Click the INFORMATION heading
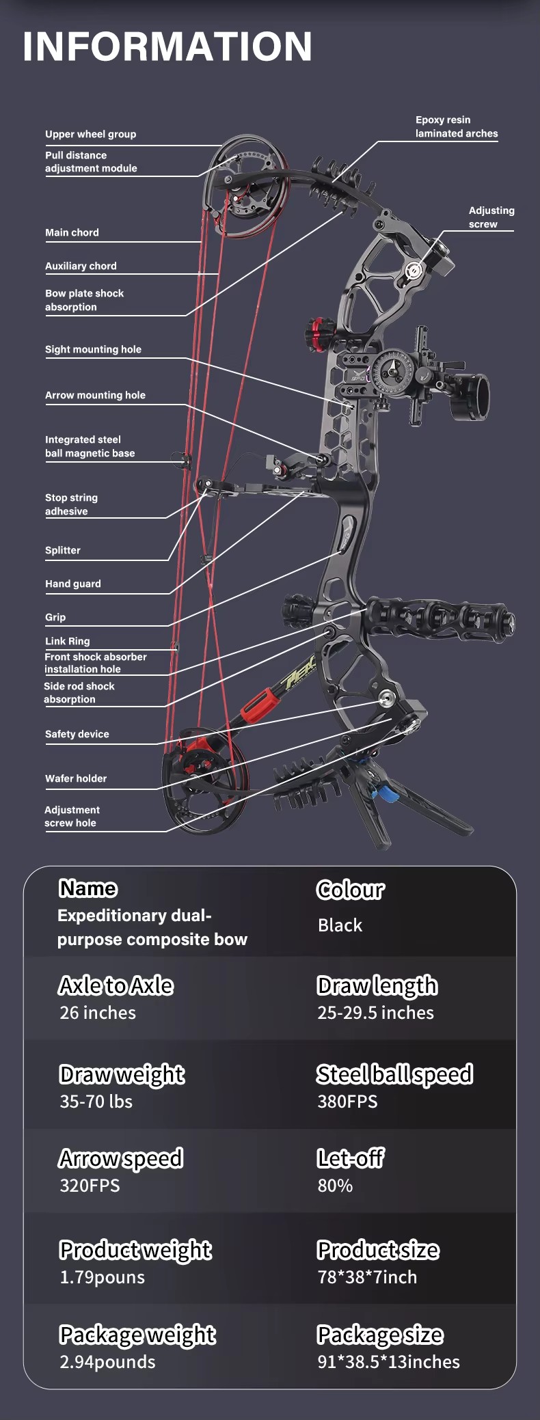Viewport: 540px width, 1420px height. pos(167,46)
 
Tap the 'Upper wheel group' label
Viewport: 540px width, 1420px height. pos(91,134)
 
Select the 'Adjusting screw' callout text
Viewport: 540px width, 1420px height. pos(491,217)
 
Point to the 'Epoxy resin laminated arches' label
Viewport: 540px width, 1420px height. pos(457,126)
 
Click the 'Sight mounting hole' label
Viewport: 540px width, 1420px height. pos(93,349)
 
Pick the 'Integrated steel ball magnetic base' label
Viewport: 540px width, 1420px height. pos(90,446)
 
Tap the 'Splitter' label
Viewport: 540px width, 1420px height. pos(63,550)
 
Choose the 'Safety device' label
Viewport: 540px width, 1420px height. pos(77,734)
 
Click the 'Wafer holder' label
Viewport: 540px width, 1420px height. pos(76,778)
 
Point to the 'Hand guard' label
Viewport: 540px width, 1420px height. pos(73,584)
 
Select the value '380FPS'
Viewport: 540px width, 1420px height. pos(347,1101)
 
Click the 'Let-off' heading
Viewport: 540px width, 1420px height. pos(351,1158)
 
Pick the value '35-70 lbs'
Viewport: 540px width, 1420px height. pos(96,1101)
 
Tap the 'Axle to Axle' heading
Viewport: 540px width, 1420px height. pos(116,985)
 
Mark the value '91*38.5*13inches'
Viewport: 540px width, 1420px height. pos(388,1361)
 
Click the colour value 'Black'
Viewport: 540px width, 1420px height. pos(340,925)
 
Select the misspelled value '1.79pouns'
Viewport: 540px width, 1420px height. pos(102,1276)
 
